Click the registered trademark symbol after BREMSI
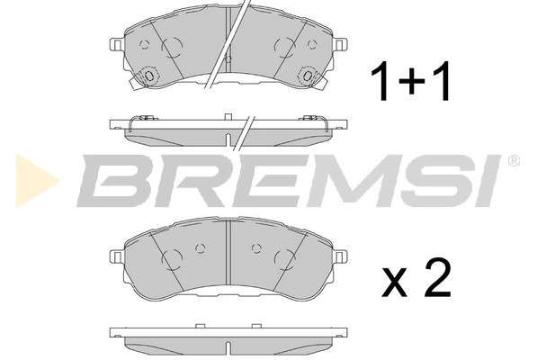pyautogui.click(x=514, y=161)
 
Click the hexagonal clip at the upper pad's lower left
pyautogui.click(x=147, y=79)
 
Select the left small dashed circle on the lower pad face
pyautogui.click(x=200, y=247)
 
